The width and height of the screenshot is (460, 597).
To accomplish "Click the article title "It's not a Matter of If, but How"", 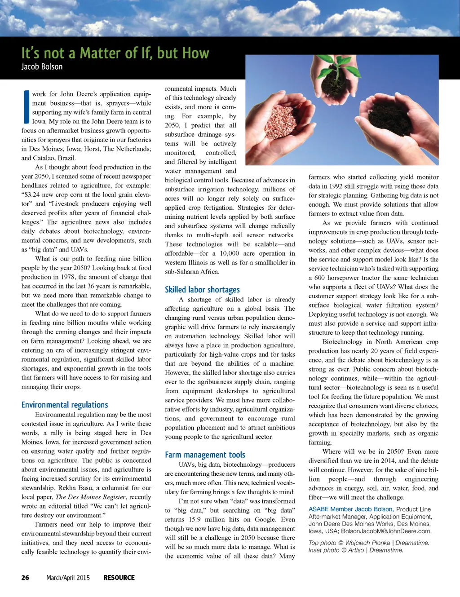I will coord(115,53).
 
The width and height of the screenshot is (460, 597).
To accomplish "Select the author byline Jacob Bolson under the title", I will coord(42,67).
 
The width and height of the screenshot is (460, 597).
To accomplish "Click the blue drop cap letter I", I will coord(26,107).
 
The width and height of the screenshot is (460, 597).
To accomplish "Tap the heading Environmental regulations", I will coord(65,405).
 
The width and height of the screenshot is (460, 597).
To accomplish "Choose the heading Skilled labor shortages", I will coord(202,290).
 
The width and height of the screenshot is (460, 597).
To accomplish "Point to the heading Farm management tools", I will coord(205,455).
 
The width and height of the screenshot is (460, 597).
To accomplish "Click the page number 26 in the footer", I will coord(25,578).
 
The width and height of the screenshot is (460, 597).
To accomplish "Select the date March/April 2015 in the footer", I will coord(68,578).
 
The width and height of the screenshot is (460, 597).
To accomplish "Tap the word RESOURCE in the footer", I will coord(119,578).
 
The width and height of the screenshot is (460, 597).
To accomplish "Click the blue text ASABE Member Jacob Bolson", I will coord(350,509).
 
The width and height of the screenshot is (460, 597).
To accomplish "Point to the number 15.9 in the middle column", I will coord(195,519).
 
